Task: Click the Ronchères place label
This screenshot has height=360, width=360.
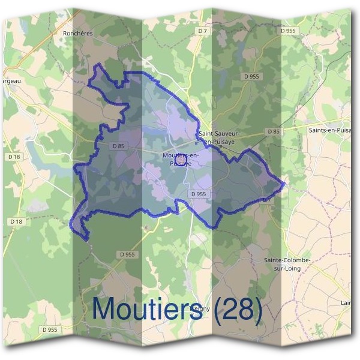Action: (x=77, y=34)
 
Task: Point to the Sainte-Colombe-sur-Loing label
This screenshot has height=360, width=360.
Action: (x=286, y=264)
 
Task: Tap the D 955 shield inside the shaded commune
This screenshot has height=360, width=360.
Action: (x=198, y=194)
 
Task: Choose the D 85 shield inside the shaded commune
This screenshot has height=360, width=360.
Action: (x=118, y=145)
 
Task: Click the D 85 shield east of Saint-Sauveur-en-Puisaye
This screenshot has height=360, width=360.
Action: (x=273, y=131)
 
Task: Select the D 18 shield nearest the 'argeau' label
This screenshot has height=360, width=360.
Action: (x=16, y=156)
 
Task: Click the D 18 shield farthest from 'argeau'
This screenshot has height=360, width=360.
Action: (x=16, y=221)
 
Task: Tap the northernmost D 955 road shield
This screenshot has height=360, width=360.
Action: (x=288, y=31)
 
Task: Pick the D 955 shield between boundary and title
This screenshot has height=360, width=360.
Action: (x=127, y=254)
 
